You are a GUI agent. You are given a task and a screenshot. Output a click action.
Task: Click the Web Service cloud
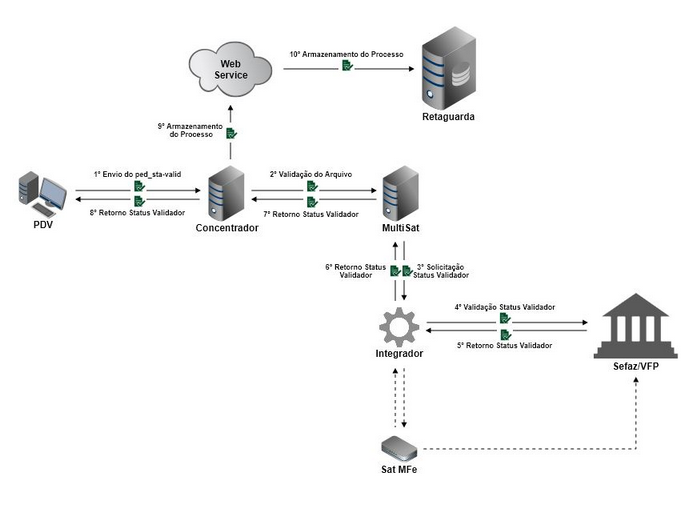[x=231, y=68]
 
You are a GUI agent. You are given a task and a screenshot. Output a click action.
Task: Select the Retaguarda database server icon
[x=447, y=70]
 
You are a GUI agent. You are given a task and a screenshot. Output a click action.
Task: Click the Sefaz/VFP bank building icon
[x=636, y=326]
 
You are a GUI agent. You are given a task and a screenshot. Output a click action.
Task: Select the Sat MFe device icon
[x=399, y=446]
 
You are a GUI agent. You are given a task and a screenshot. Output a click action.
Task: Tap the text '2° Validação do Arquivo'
[x=310, y=173]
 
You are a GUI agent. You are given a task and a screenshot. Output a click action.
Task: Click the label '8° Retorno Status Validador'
[x=137, y=213]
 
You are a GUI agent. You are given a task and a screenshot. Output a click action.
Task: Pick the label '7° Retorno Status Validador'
[x=310, y=213]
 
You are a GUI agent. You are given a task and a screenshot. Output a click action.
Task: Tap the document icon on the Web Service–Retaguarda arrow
[x=345, y=66]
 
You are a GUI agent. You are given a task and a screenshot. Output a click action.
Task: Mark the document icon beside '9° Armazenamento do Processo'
[x=231, y=132]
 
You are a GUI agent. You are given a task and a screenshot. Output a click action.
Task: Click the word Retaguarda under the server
[x=447, y=117]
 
